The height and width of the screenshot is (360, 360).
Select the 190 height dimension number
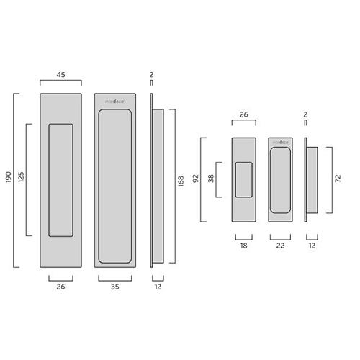(x=8, y=179)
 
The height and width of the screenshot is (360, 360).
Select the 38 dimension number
(x=210, y=179)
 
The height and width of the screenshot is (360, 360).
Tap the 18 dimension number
(x=243, y=246)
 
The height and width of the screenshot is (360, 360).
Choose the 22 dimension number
(x=281, y=246)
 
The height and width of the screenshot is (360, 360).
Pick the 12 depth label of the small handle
(x=310, y=246)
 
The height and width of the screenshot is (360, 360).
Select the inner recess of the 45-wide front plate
(x=61, y=180)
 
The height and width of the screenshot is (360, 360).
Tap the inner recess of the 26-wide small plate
(x=244, y=179)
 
